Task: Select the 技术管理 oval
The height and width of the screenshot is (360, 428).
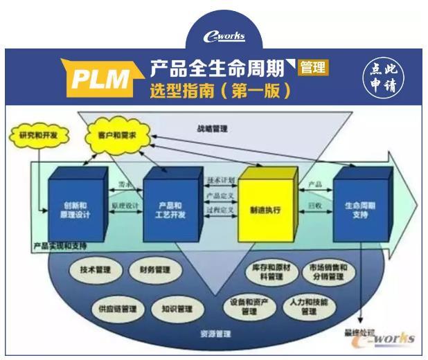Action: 95,269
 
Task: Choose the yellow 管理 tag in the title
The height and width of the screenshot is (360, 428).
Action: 312,68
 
